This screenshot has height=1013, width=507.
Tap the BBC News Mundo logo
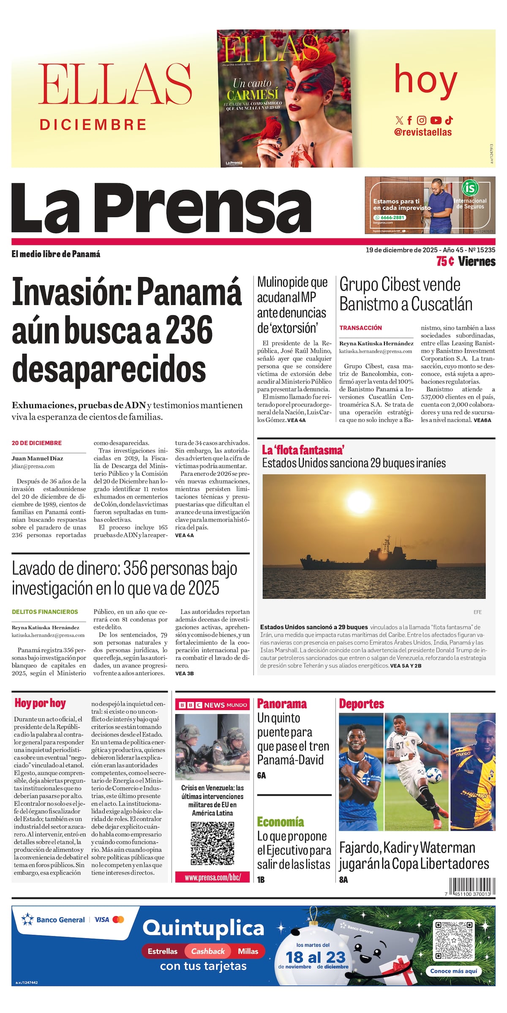coord(212,705)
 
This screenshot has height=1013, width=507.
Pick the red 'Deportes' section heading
coord(362,704)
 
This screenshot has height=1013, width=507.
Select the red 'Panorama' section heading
coord(282,704)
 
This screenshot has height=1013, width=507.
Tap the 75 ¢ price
coord(445,262)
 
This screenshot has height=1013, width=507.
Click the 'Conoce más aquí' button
coord(453,971)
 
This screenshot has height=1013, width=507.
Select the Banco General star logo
coord(27,920)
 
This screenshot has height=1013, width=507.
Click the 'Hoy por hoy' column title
coord(40,703)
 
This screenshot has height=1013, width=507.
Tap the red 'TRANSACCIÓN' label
coord(360,328)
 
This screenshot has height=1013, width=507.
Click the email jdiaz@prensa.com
coord(33,466)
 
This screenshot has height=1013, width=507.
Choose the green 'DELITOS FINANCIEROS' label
coord(45,612)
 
